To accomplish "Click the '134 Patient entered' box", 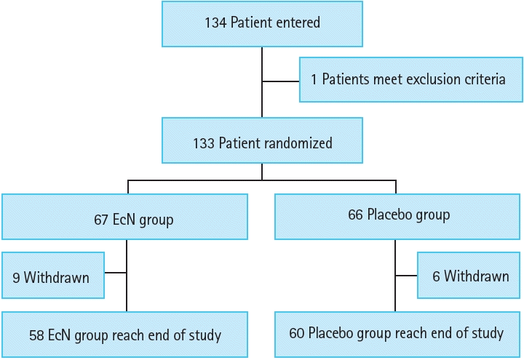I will point(262,22).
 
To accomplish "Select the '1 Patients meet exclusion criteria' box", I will point(411,79).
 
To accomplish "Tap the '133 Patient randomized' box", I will point(262,143).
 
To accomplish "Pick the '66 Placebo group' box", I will point(398,216).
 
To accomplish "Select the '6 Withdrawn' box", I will point(469,276).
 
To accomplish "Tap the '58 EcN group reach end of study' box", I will point(124,335).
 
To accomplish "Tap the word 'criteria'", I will point(483,79).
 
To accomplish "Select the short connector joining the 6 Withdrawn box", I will point(406,276).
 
